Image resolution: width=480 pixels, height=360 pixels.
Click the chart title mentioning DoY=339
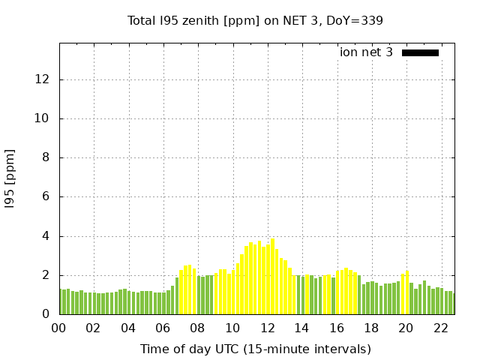[x=255, y=20]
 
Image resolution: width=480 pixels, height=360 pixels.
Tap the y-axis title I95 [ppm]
[x=10, y=178]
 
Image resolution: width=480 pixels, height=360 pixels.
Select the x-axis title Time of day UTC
[x=255, y=349]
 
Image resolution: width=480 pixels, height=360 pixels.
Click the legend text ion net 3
[x=366, y=52]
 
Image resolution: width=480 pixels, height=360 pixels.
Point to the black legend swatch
[x=420, y=52]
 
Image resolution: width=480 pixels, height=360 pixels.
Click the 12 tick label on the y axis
[x=43, y=79]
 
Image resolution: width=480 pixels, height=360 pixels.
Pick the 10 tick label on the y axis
[x=43, y=118]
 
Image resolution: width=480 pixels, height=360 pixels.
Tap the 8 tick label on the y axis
[x=47, y=157]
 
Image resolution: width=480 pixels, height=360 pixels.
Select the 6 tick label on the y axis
[x=47, y=196]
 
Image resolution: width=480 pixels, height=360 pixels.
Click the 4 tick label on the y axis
[x=47, y=236]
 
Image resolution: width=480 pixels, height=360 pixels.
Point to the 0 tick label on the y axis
[x=47, y=314]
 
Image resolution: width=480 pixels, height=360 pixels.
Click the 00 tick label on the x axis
[x=58, y=328]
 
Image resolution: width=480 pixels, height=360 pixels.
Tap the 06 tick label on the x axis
[x=163, y=328]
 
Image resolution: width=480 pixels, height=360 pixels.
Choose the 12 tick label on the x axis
[x=267, y=328]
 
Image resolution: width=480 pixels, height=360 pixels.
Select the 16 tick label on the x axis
[x=337, y=328]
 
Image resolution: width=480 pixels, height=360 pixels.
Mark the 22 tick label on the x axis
[x=441, y=328]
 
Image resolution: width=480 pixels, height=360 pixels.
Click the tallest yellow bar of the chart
[x=272, y=277]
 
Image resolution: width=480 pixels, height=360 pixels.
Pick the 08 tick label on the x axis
[x=197, y=328]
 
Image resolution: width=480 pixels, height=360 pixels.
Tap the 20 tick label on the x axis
[x=406, y=328]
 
